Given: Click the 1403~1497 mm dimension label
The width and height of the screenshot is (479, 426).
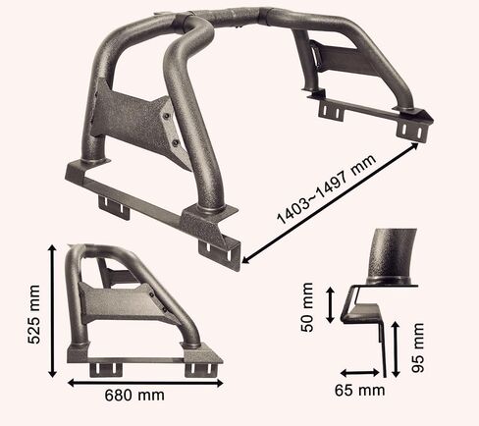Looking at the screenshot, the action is [326, 189].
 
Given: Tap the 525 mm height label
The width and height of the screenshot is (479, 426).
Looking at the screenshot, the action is [33, 314].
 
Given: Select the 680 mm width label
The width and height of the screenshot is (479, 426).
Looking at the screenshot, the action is [134, 396].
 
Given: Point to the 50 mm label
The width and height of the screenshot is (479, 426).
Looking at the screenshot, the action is [307, 307].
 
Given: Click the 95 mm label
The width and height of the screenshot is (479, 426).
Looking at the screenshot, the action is [418, 347].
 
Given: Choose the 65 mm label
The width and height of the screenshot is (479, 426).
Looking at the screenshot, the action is [359, 391].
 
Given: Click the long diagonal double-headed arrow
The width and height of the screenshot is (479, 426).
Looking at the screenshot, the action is [331, 203].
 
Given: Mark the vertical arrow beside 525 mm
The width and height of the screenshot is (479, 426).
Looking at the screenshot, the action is [53, 311].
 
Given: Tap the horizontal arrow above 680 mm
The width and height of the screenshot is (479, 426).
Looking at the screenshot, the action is [145, 383].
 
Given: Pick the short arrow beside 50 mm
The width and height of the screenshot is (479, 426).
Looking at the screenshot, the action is [331, 305].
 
